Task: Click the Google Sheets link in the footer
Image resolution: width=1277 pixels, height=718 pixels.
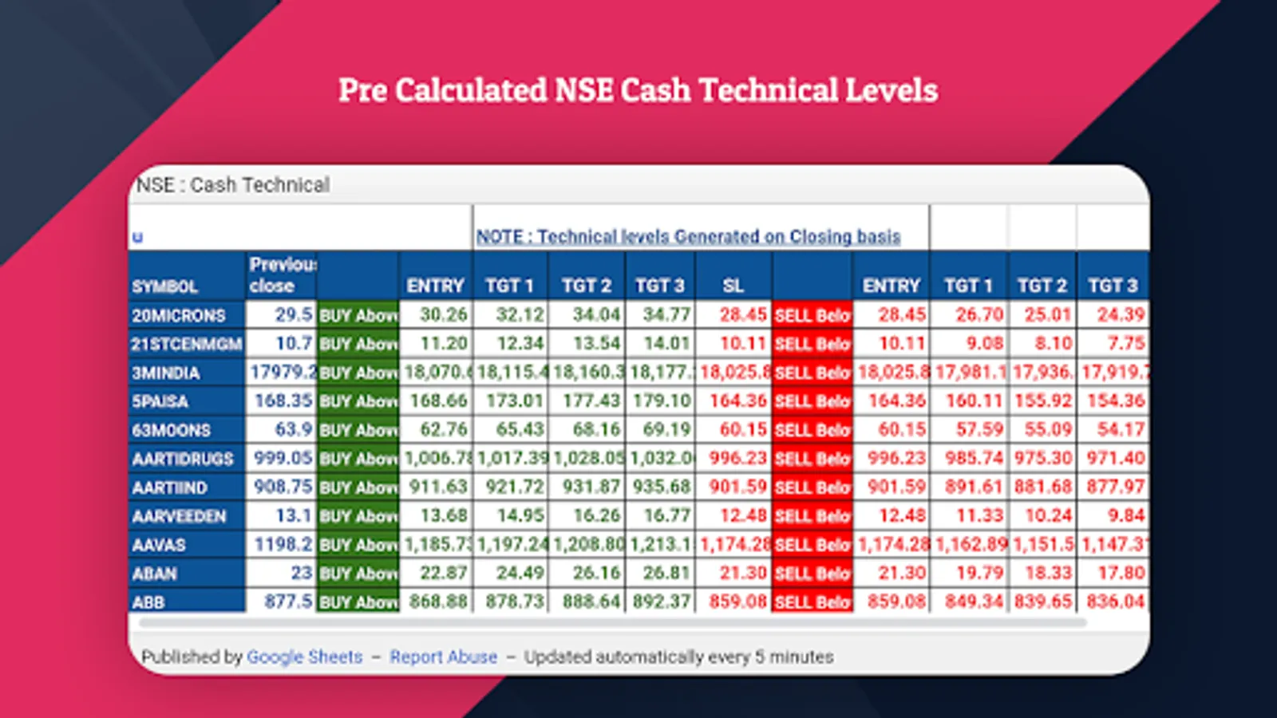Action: pos(304,657)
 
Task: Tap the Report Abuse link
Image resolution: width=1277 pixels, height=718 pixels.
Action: pos(443,657)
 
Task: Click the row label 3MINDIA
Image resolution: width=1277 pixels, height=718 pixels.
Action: pos(166,373)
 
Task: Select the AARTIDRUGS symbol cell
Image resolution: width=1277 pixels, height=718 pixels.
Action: pos(183,459)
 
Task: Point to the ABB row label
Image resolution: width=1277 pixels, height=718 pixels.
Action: pos(148,602)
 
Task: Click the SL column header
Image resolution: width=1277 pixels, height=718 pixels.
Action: pos(733,286)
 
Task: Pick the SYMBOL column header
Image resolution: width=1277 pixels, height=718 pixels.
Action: pos(164,286)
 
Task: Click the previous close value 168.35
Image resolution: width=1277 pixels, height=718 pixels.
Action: pos(283,400)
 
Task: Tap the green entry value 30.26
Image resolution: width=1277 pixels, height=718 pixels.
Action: pos(444,315)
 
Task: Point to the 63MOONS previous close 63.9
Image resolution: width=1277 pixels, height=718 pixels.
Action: pos(293,430)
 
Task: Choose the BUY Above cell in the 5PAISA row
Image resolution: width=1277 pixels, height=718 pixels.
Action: pos(358,401)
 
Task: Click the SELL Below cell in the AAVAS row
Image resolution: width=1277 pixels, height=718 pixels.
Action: pos(812,545)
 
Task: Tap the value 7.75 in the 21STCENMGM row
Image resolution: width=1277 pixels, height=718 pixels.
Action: pos(1126,344)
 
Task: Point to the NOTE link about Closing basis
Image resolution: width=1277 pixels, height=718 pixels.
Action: pos(688,237)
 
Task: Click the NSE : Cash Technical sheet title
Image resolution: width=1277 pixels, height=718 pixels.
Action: pos(233,185)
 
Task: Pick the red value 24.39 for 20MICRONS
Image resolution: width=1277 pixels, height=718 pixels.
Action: pos(1121,315)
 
